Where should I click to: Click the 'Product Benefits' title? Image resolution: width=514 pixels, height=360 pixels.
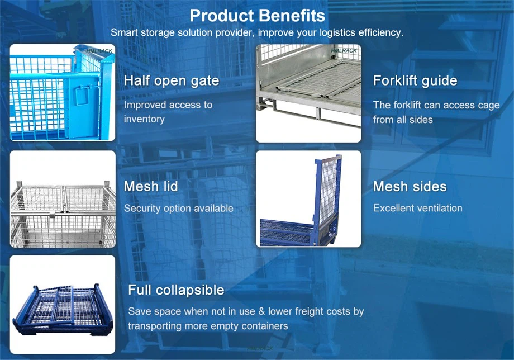pos(258,16)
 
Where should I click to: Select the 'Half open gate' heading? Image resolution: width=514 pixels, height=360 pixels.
pos(172,80)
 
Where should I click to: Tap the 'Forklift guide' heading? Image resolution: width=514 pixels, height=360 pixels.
pos(415,80)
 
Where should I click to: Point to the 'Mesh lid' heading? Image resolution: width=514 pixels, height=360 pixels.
pos(151,186)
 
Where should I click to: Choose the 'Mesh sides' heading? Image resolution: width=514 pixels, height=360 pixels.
pos(410,186)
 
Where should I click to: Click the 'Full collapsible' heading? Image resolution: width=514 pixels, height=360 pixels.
pos(176,290)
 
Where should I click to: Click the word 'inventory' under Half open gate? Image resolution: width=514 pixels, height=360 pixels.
pos(144,119)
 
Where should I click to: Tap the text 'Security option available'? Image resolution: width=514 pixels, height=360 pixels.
pos(179,208)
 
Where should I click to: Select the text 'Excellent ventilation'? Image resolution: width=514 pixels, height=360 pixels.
pos(418,208)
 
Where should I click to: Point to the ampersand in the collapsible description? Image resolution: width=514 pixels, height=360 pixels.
pos(261,311)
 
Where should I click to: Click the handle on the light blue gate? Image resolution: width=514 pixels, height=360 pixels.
pos(82,95)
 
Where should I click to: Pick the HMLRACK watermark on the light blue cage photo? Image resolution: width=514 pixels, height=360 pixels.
pos(99,51)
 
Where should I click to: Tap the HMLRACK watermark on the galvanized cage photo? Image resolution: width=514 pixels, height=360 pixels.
pos(344,50)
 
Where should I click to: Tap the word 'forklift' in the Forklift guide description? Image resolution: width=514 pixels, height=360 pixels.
pos(407,105)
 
